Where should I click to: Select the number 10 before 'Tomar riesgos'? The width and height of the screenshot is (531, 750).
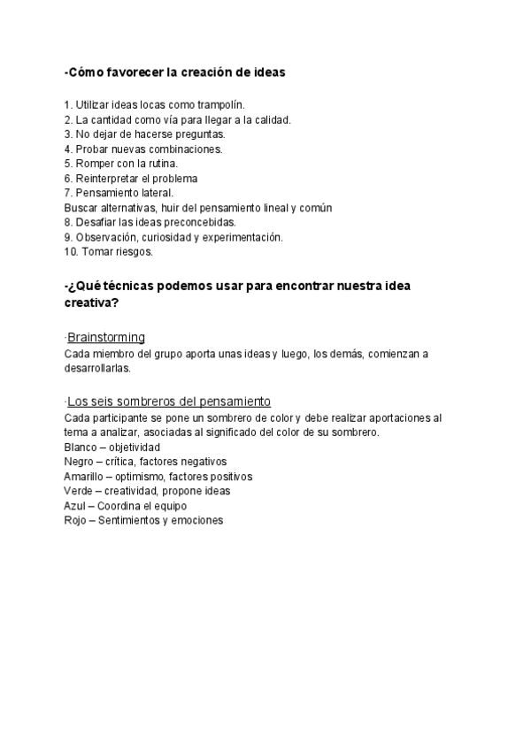pyautogui.click(x=71, y=252)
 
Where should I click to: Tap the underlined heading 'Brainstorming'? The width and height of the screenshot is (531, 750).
pyautogui.click(x=106, y=338)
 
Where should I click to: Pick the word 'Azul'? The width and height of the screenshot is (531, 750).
pyautogui.click(x=76, y=506)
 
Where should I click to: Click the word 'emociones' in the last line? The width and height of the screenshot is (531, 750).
pyautogui.click(x=198, y=521)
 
